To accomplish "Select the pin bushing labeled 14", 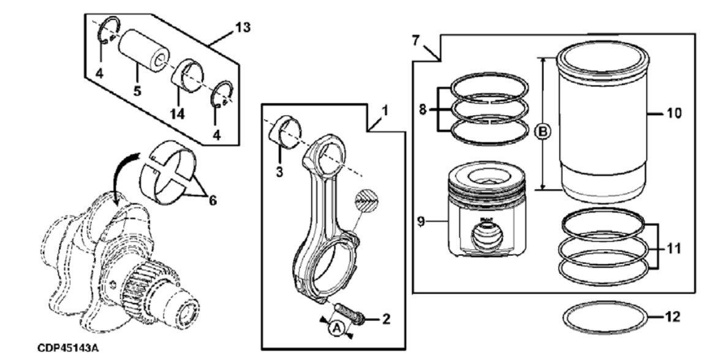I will [x=189, y=77].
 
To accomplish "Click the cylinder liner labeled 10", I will [x=603, y=122].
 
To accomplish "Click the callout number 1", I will [x=385, y=110].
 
